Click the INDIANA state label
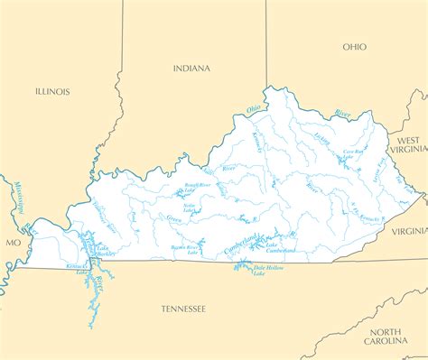point(191,68)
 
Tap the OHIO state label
point(355,46)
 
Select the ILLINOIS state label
point(52,91)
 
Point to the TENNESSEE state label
point(183,309)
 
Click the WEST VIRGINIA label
point(408,146)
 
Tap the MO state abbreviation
point(13,243)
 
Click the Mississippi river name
point(17,202)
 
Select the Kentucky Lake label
point(78,268)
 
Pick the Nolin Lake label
point(190,208)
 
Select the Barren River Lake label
point(185,248)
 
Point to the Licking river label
point(321,139)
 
